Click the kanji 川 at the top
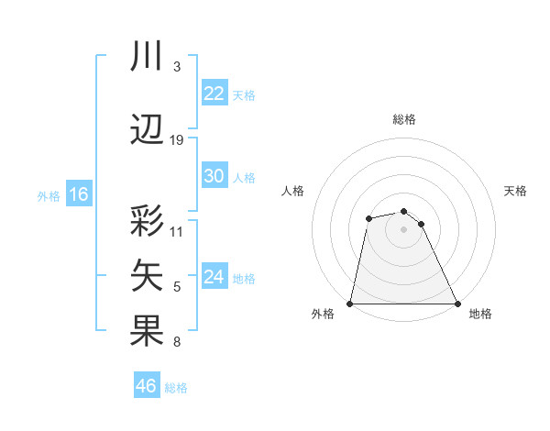[148, 58]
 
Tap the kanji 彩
[148, 224]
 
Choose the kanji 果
[148, 331]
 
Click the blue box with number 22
[214, 94]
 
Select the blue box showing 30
[214, 176]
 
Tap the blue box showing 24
[214, 277]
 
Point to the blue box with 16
[79, 194]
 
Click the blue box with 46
[147, 386]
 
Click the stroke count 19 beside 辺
[177, 139]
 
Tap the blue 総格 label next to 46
[176, 388]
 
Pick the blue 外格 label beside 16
[49, 195]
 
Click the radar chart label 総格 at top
[403, 119]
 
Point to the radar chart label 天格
[515, 191]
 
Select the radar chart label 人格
[292, 191]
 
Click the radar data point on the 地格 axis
[456, 303]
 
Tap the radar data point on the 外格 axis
[350, 303]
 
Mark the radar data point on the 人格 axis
[368, 218]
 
